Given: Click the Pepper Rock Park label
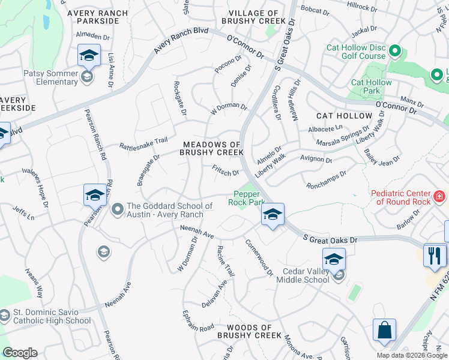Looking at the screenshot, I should point(246,198).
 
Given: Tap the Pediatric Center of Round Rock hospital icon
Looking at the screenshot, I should point(439,197).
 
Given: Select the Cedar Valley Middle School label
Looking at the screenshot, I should point(303,275).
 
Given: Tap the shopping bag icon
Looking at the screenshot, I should point(384,330).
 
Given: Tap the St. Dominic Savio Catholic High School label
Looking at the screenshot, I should point(52,317).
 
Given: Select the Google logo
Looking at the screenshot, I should point(20,353).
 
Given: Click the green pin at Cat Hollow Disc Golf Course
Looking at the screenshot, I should point(395,51).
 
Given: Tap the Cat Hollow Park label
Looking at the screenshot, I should point(371,87).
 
